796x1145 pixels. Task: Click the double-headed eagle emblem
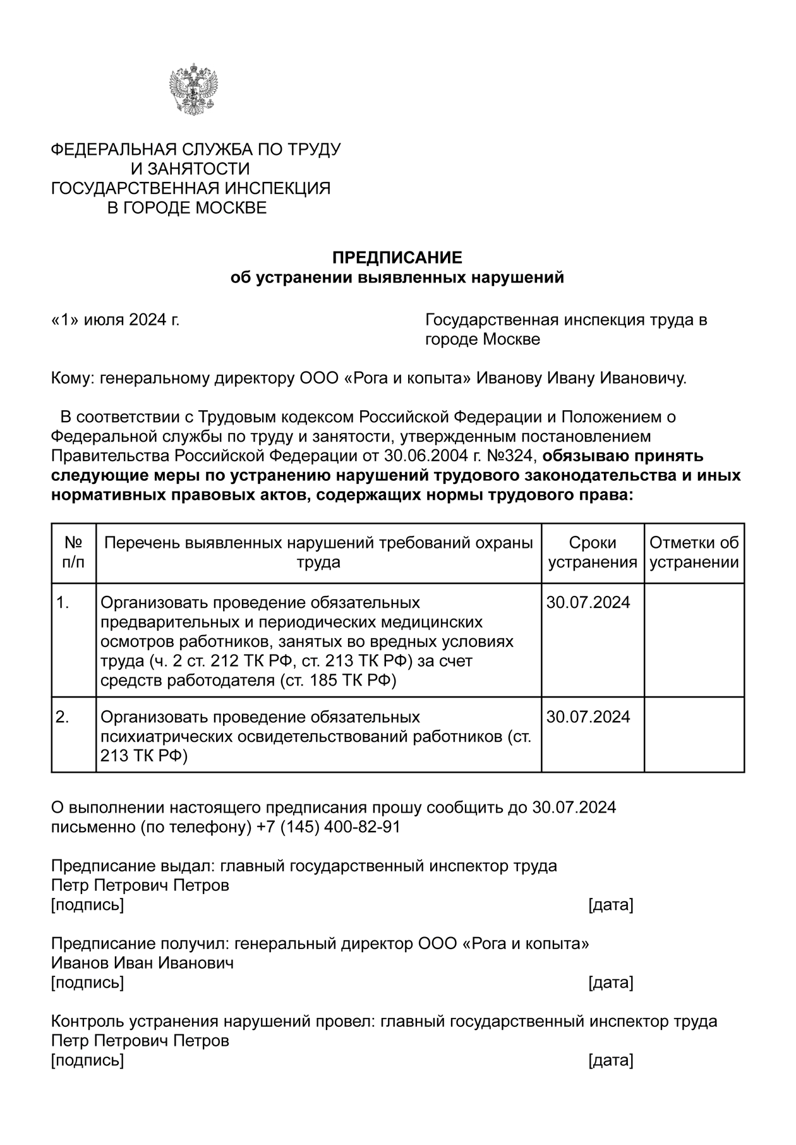(x=193, y=89)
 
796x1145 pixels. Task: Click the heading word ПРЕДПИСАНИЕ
(x=397, y=258)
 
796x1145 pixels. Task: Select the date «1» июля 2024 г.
(x=115, y=320)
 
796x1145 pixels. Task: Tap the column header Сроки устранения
(x=592, y=552)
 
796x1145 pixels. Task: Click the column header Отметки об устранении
(x=694, y=552)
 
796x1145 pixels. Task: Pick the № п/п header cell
(x=73, y=552)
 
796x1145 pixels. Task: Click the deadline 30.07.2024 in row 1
(x=588, y=602)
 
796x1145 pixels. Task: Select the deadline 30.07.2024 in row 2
(x=588, y=717)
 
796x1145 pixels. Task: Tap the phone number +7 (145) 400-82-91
(x=329, y=827)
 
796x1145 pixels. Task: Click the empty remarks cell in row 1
(x=694, y=639)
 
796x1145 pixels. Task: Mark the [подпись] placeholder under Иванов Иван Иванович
(x=87, y=983)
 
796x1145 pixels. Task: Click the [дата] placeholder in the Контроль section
(x=610, y=1060)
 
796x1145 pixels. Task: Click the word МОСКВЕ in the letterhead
(x=230, y=208)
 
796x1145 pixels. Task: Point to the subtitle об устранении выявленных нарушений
(x=397, y=277)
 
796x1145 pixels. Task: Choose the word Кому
(x=71, y=379)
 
